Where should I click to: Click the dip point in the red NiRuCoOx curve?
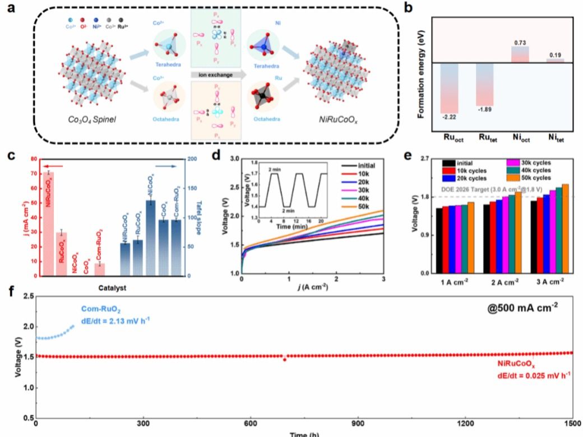click(x=285, y=359)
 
